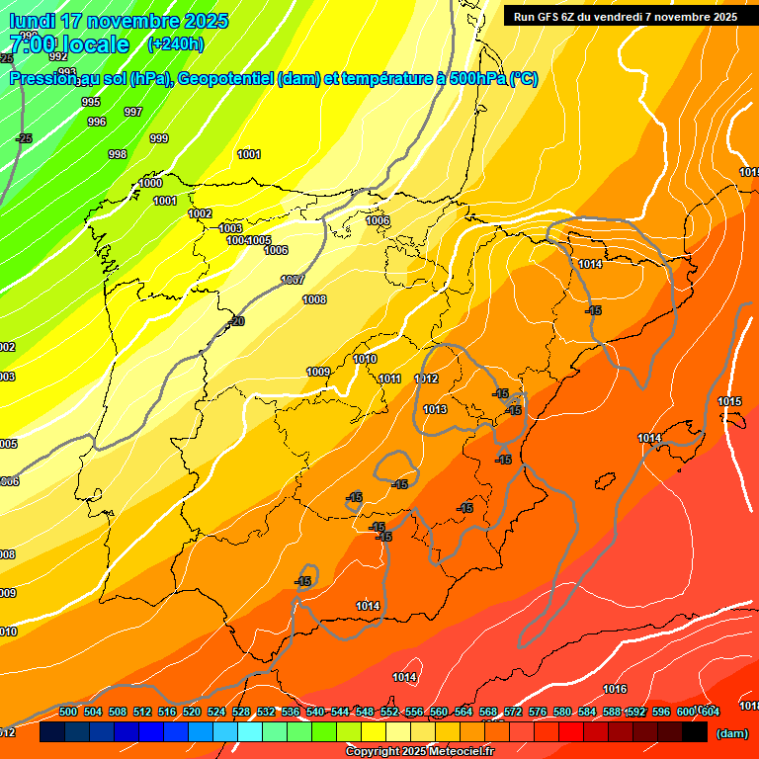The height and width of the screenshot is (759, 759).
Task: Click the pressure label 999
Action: pyautogui.click(x=158, y=138)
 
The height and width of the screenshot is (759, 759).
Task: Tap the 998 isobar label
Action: pyautogui.click(x=118, y=154)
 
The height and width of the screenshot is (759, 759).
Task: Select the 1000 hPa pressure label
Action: pyautogui.click(x=150, y=183)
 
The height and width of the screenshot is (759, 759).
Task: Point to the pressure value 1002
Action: pyautogui.click(x=200, y=213)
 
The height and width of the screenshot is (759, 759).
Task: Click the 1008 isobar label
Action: pyautogui.click(x=314, y=299)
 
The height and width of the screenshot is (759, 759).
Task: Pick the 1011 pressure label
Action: pyautogui.click(x=389, y=379)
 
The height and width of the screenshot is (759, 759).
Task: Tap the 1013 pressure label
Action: pyautogui.click(x=435, y=409)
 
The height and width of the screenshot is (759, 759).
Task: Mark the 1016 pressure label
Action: pyautogui.click(x=615, y=689)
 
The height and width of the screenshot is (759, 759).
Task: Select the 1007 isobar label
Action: pyautogui.click(x=292, y=280)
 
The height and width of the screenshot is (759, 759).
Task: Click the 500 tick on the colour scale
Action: pyautogui.click(x=68, y=712)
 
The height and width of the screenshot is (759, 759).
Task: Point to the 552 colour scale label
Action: pyautogui.click(x=389, y=712)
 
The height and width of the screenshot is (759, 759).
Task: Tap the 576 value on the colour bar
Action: pyautogui.click(x=538, y=712)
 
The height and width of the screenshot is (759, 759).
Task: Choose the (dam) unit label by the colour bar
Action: pyautogui.click(x=731, y=732)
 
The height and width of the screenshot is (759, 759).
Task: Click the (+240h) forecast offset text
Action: pyautogui.click(x=176, y=43)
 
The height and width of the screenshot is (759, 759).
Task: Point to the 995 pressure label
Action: pyautogui.click(x=91, y=102)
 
